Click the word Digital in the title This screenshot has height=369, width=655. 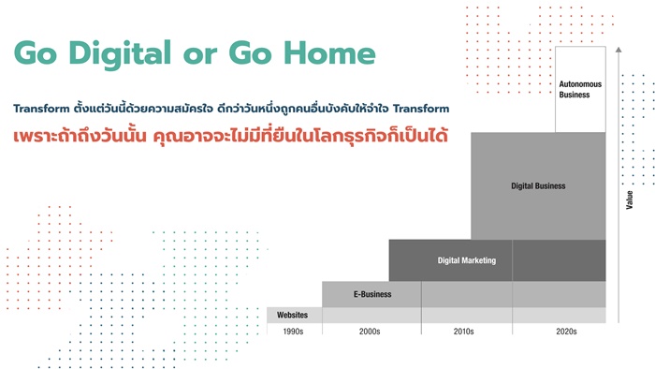coord(120,54)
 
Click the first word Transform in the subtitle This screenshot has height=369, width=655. coord(41,109)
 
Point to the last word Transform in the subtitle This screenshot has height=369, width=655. coord(421,109)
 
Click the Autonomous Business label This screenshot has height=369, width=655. coord(580,89)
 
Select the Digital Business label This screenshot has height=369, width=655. coord(538,186)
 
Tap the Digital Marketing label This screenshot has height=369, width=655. coord(467,260)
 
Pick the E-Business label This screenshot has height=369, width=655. coord(372,294)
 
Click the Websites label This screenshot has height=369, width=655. coord(292,315)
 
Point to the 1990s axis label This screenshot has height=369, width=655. coord(293,332)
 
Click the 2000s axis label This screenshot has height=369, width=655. coord(370,332)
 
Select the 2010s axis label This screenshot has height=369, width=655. coord(464,332)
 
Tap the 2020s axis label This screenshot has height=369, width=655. coord(566,332)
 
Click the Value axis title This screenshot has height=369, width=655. coord(630,199)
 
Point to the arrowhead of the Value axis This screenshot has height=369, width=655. coord(619,50)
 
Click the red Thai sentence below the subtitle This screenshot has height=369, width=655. coord(230,136)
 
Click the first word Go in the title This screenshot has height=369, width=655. coord(36,53)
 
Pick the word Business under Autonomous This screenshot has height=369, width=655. coord(575,95)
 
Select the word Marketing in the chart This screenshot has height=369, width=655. coord(479,260)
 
